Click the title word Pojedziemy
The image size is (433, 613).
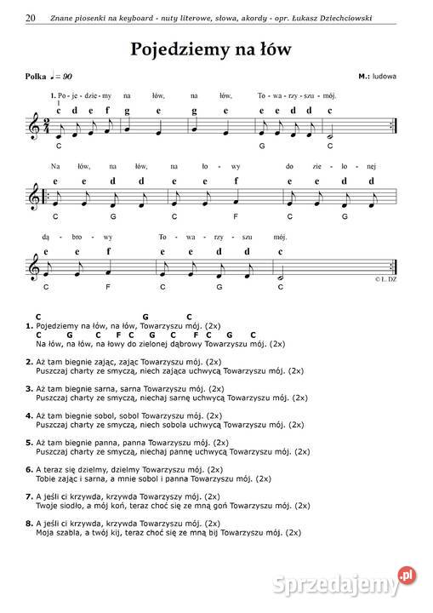coord(178,49)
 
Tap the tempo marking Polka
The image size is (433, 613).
coord(36,77)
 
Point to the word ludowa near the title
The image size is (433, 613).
coord(385,77)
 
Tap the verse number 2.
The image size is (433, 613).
coord(29,361)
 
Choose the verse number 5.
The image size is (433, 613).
coord(29,443)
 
